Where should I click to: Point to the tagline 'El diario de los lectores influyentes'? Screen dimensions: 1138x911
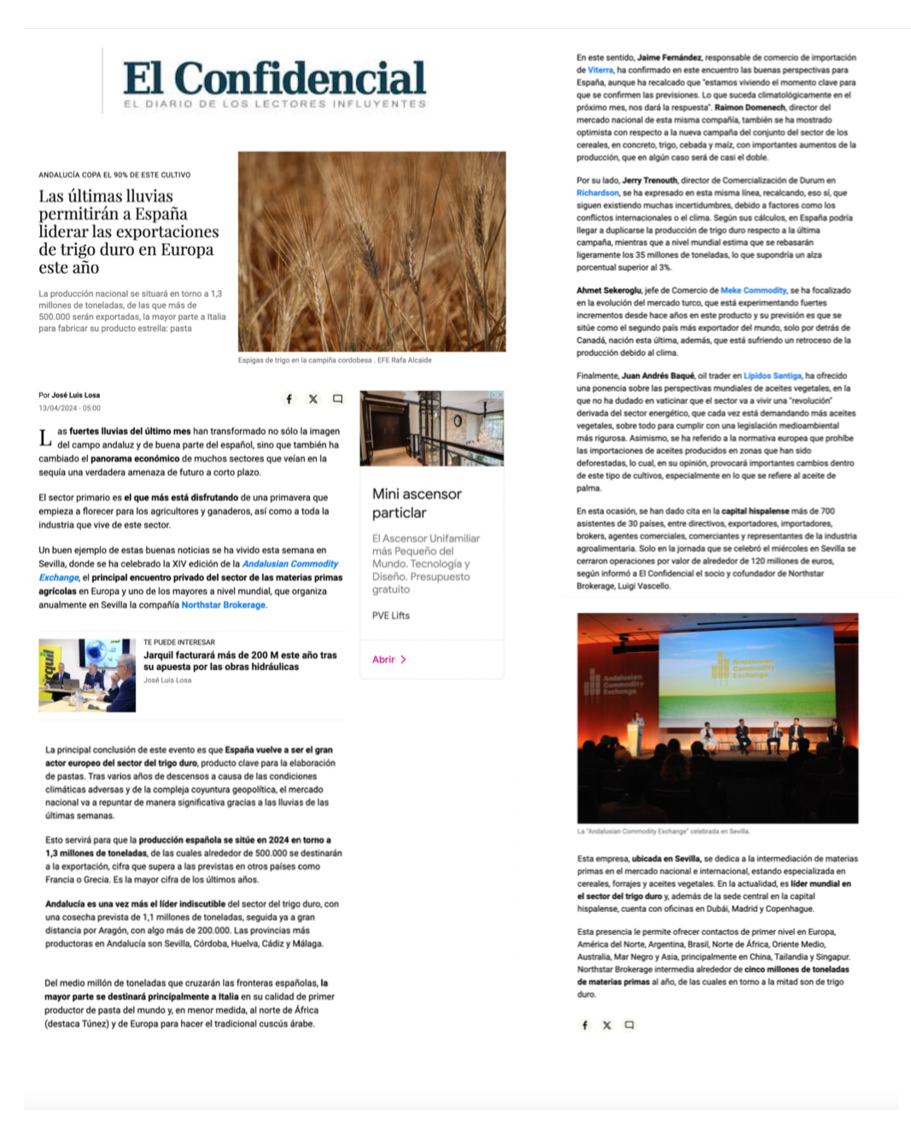point(274,104)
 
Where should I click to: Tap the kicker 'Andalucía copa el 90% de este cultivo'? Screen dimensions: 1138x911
point(114,175)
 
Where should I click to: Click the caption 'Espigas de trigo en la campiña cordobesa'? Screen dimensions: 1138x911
point(305,360)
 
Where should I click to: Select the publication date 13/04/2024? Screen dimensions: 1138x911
point(69,408)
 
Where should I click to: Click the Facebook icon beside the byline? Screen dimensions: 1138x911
point(289,399)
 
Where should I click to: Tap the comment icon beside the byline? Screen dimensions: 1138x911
point(337,399)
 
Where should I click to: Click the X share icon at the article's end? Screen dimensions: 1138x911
point(606,1025)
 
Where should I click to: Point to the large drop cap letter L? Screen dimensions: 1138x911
point(45,438)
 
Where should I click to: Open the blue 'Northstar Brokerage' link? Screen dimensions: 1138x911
point(224,605)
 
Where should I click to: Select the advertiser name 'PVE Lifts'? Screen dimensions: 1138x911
point(391,616)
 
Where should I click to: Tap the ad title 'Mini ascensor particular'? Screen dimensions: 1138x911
point(417,503)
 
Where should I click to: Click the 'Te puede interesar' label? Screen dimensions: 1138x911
point(179,642)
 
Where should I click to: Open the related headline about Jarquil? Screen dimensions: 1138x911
point(240,661)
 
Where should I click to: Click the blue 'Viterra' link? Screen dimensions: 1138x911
point(600,70)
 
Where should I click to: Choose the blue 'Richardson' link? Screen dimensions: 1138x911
point(598,193)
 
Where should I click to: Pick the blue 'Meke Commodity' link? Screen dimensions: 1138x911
point(753,290)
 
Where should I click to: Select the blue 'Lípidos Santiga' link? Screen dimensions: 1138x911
point(772,376)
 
